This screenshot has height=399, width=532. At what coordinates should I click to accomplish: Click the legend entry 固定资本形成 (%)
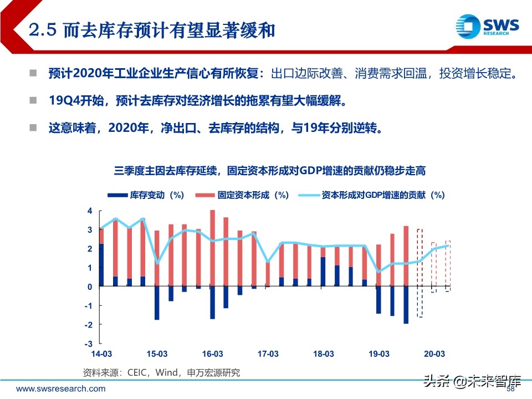point(243,195)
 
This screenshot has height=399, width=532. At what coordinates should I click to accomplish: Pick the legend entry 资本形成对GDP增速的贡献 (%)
point(372,195)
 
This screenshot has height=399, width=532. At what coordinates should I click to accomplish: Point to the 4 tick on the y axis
point(89,211)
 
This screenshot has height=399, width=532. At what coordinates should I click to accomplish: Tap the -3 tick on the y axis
point(88,343)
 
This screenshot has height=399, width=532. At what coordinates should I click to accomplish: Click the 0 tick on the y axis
point(89,287)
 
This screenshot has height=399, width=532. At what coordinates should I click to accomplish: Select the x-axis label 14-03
point(101,354)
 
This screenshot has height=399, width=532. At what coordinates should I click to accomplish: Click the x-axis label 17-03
point(268,354)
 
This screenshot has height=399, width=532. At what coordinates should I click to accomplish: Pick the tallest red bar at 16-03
point(212,248)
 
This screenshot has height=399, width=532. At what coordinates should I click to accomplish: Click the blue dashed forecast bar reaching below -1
point(420,301)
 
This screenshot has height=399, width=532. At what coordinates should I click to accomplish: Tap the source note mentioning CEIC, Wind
point(161,372)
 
